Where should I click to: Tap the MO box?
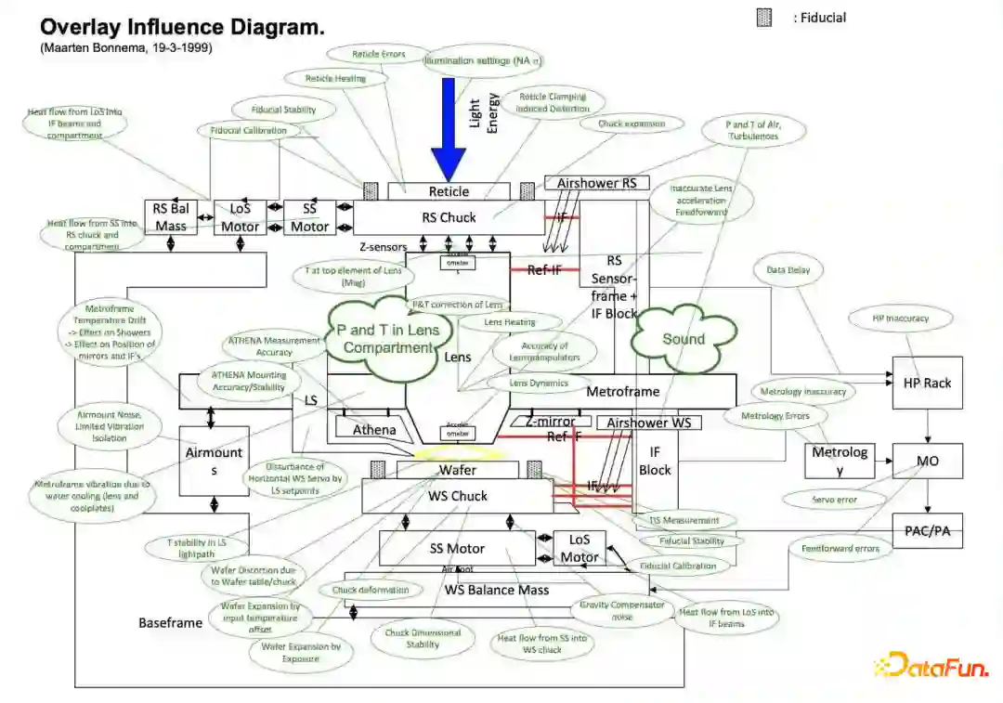927,461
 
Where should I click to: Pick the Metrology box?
840,461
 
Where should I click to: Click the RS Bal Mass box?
171,217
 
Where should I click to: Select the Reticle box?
449,191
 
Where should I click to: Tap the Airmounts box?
214,461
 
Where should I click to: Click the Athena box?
374,430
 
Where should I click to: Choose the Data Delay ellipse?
788,271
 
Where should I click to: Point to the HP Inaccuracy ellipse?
900,319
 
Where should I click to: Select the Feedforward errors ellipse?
840,549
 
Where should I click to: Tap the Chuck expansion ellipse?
632,123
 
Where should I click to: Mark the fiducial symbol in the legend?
764,18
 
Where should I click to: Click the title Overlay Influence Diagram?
182,27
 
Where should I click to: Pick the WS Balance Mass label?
496,590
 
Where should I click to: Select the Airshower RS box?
596,183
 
